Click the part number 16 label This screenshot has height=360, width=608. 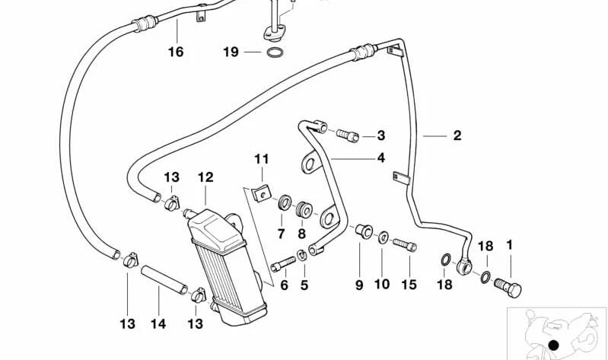(x=176, y=52)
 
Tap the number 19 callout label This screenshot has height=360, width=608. (x=231, y=52)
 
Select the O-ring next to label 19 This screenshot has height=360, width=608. (x=275, y=53)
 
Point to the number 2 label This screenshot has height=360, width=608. (x=457, y=135)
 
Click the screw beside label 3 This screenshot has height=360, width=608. (x=347, y=136)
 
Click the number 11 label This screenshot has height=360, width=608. (x=262, y=158)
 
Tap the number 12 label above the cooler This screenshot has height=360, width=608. (x=205, y=177)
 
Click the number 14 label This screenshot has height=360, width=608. (x=158, y=323)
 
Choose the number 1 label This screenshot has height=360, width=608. (x=510, y=245)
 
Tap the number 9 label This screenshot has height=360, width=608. (x=358, y=285)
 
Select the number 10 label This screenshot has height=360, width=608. (x=381, y=285)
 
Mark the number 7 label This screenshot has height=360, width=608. (x=280, y=233)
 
